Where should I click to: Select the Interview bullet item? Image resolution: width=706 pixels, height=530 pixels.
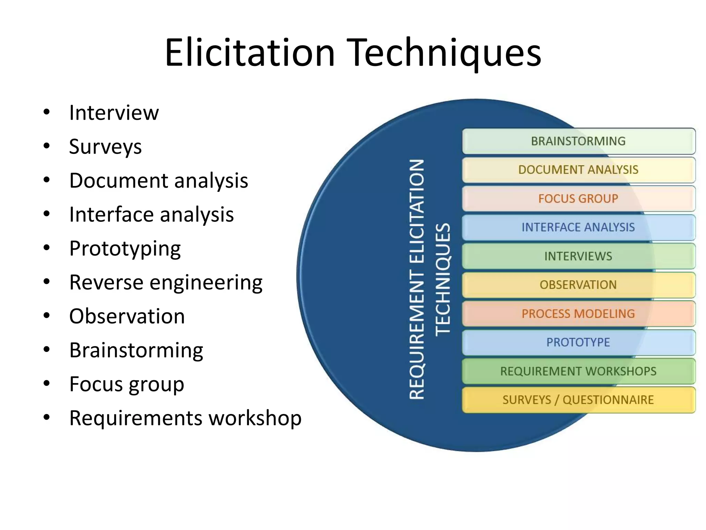[114, 112]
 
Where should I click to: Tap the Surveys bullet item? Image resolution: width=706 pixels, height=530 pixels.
[105, 146]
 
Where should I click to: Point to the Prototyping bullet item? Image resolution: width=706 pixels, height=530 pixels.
[125, 248]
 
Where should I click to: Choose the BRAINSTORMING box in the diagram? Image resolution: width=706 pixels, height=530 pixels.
[578, 141]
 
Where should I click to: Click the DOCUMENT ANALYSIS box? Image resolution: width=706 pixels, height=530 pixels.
[578, 170]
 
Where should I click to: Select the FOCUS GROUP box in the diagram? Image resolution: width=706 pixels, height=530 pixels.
[578, 199]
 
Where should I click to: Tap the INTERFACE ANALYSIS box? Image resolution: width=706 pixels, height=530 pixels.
[578, 227]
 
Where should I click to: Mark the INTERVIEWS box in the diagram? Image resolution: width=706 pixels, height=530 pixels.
[578, 256]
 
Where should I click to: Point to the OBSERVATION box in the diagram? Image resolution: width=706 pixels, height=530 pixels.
[578, 285]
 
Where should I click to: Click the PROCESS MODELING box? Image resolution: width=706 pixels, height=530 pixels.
[578, 314]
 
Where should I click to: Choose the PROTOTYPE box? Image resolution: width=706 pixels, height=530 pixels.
[578, 342]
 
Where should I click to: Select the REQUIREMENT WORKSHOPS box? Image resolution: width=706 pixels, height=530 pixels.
[578, 371]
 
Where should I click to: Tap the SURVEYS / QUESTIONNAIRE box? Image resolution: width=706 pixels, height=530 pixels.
[578, 400]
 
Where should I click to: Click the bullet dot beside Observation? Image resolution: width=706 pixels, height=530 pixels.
[47, 316]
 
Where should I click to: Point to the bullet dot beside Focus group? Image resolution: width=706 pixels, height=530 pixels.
[47, 383]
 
